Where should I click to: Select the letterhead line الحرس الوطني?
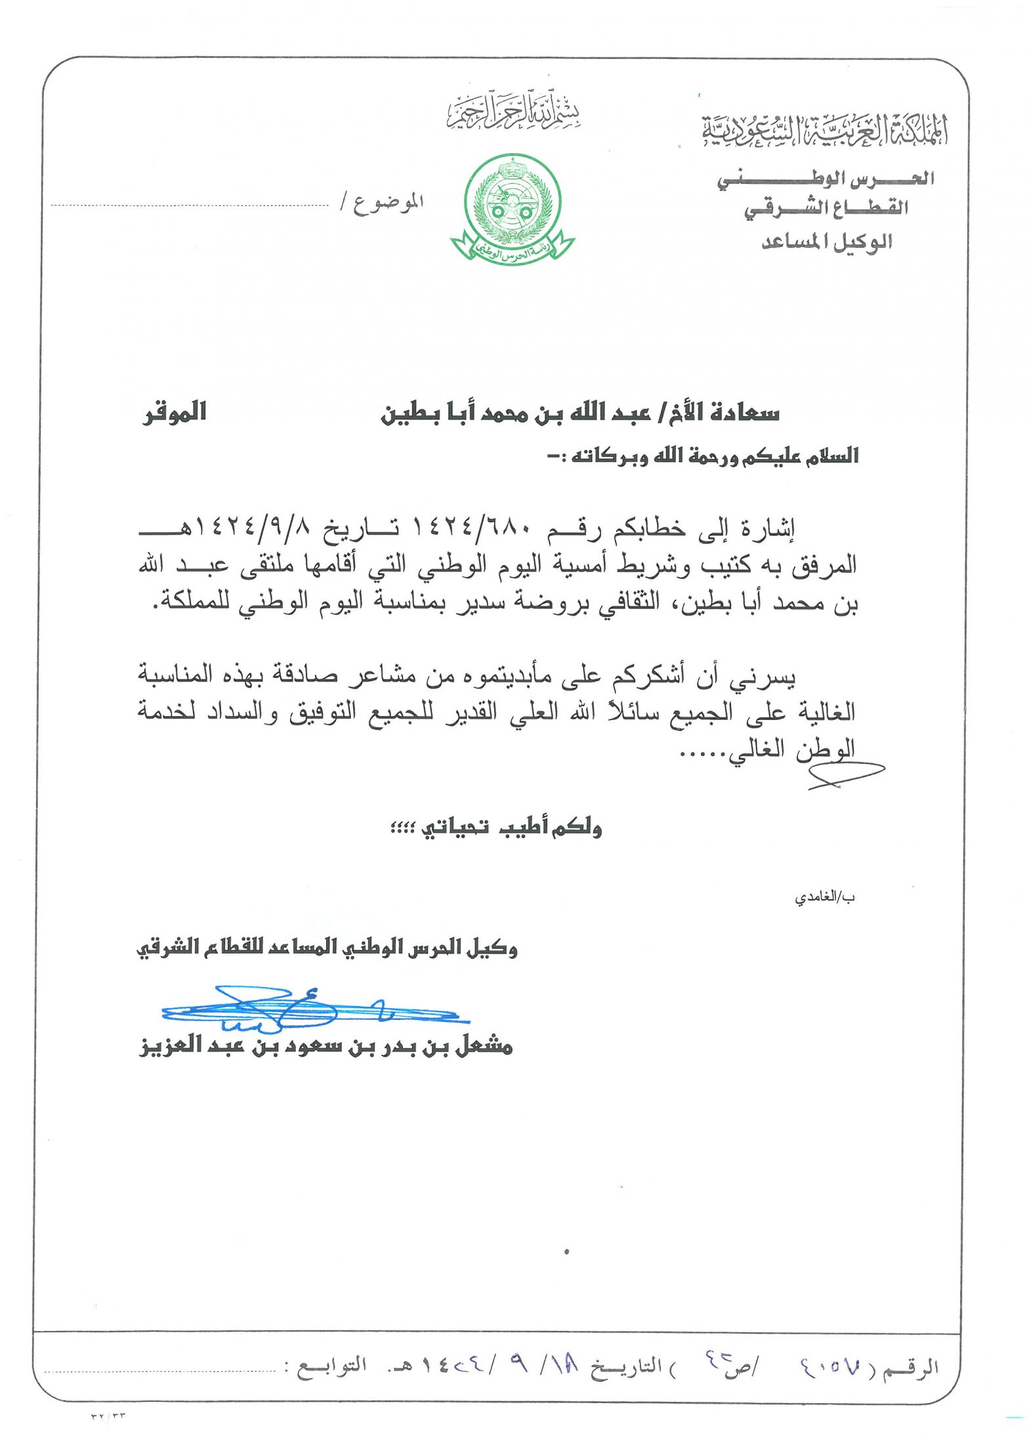click(826, 179)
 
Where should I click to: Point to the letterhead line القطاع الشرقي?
click(826, 209)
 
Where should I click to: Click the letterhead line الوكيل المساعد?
click(827, 242)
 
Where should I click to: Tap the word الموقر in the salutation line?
click(175, 413)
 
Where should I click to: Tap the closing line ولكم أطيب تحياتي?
click(497, 828)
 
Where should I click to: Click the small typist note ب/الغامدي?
click(825, 896)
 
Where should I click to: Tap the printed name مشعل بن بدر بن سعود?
click(326, 1045)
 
